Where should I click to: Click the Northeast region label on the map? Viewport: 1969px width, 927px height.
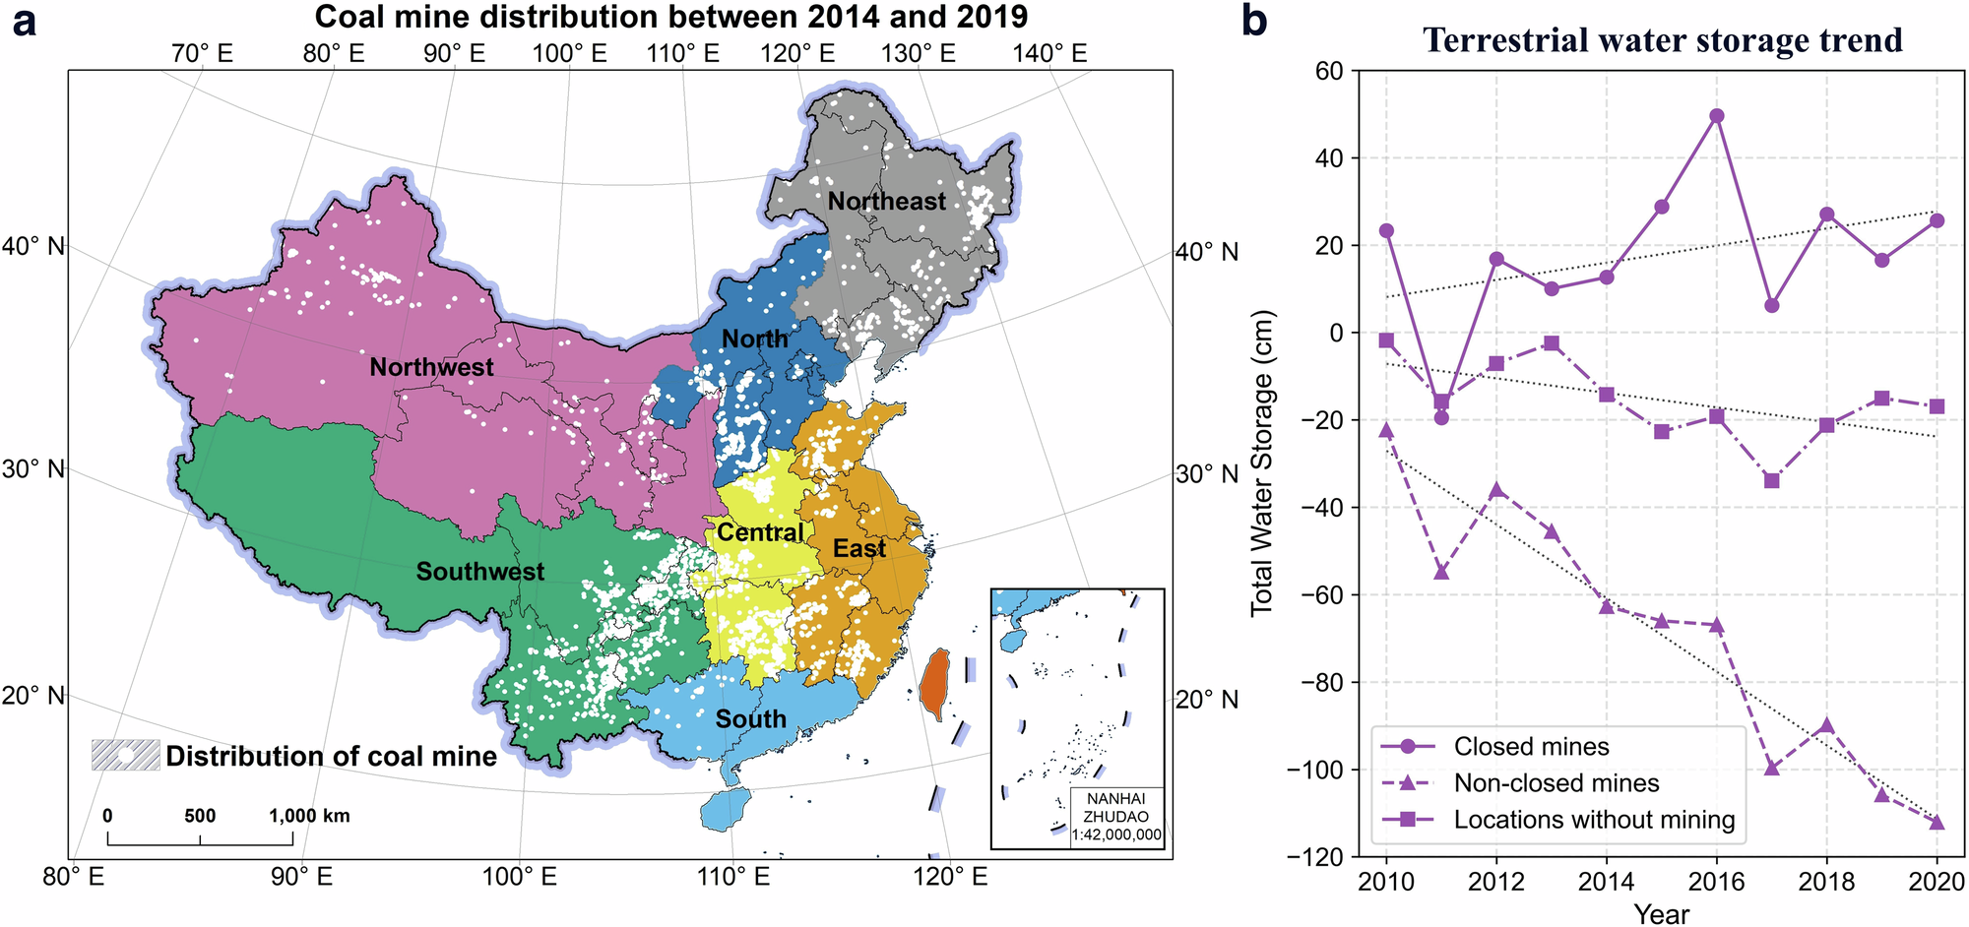click(886, 202)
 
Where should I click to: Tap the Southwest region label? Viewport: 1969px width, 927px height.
click(479, 572)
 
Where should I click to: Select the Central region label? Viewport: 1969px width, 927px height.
click(760, 533)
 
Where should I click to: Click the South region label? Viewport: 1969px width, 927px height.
click(750, 719)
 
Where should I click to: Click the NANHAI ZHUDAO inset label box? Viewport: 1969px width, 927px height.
click(1116, 817)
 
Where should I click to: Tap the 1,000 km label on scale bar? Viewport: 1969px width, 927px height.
click(310, 816)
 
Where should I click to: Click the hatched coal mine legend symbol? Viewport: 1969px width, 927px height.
click(125, 755)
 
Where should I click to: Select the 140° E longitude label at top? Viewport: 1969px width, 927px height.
click(1049, 53)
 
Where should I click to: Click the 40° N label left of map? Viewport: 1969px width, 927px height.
click(32, 246)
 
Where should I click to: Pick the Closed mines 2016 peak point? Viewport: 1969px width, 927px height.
click(1717, 115)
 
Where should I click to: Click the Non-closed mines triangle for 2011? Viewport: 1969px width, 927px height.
click(1441, 572)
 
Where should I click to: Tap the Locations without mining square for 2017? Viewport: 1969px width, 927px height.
click(1772, 481)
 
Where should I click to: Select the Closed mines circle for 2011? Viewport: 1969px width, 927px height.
click(1441, 418)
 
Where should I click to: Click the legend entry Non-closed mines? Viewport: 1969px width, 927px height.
click(1556, 783)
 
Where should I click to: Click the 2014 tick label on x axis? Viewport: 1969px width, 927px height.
click(1607, 882)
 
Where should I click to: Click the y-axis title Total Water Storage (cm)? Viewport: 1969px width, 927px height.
click(1262, 463)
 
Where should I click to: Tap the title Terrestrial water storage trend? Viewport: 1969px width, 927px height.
click(1662, 40)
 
